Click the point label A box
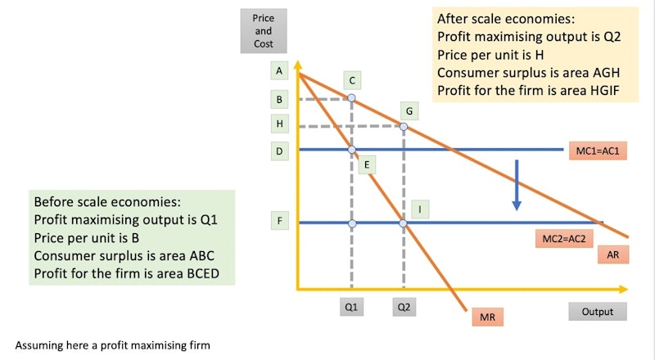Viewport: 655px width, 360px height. pos(279,70)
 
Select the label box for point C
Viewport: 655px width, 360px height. pos(352,81)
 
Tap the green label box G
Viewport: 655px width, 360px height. pos(409,111)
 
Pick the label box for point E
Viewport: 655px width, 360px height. pos(367,164)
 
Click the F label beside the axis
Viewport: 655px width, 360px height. pos(279,221)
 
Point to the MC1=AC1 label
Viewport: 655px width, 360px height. pos(598,151)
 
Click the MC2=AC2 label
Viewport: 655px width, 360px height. pos(564,239)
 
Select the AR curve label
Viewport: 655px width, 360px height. pos(612,254)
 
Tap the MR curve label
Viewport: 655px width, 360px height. pos(487,317)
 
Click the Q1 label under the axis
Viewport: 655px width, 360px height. pos(351,307)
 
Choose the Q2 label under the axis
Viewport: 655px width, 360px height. pos(404,307)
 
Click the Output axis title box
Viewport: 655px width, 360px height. pos(598,312)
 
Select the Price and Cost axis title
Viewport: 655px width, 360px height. pos(263,31)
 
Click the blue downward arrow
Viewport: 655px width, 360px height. pos(517,185)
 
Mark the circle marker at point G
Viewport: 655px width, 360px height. pos(404,127)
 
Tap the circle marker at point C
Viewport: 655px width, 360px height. pos(352,98)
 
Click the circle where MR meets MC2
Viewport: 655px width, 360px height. pos(403,223)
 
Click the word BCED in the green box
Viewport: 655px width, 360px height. pos(203,273)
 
